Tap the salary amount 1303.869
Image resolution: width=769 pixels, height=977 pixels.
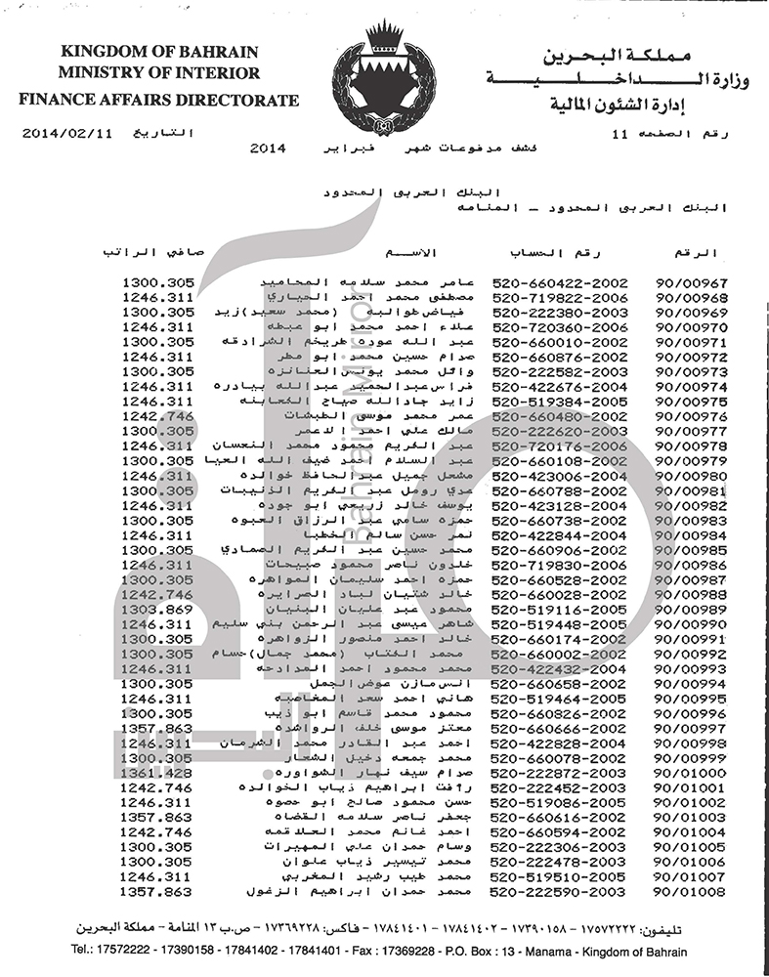(x=158, y=609)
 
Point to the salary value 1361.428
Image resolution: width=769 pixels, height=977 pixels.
(x=158, y=771)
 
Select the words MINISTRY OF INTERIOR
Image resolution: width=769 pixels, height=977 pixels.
(x=159, y=74)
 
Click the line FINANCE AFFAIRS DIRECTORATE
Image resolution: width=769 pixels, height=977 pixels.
(x=159, y=100)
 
